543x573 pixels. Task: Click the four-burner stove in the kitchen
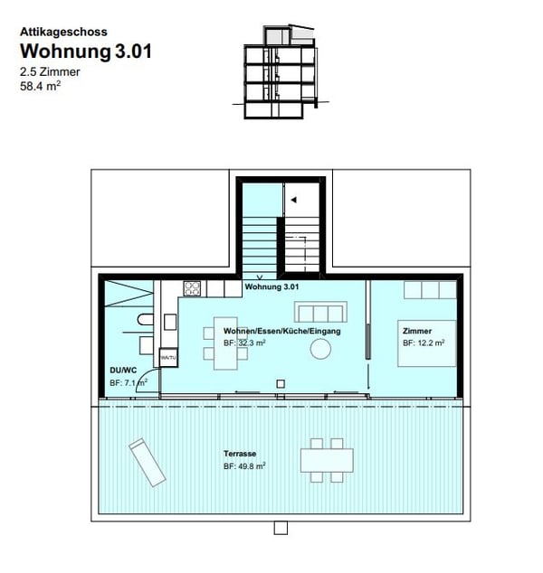[x=193, y=289]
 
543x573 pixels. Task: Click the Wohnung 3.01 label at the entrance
[x=271, y=286]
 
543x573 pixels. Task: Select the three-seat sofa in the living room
[x=318, y=313]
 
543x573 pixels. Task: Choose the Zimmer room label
[x=417, y=331]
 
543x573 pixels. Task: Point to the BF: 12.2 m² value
[x=424, y=343]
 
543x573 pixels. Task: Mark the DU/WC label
[x=122, y=371]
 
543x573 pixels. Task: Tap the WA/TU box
[x=167, y=358]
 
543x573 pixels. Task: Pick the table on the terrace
[x=328, y=460]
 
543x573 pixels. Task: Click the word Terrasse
[x=240, y=453]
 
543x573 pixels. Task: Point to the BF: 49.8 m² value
[x=244, y=466]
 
